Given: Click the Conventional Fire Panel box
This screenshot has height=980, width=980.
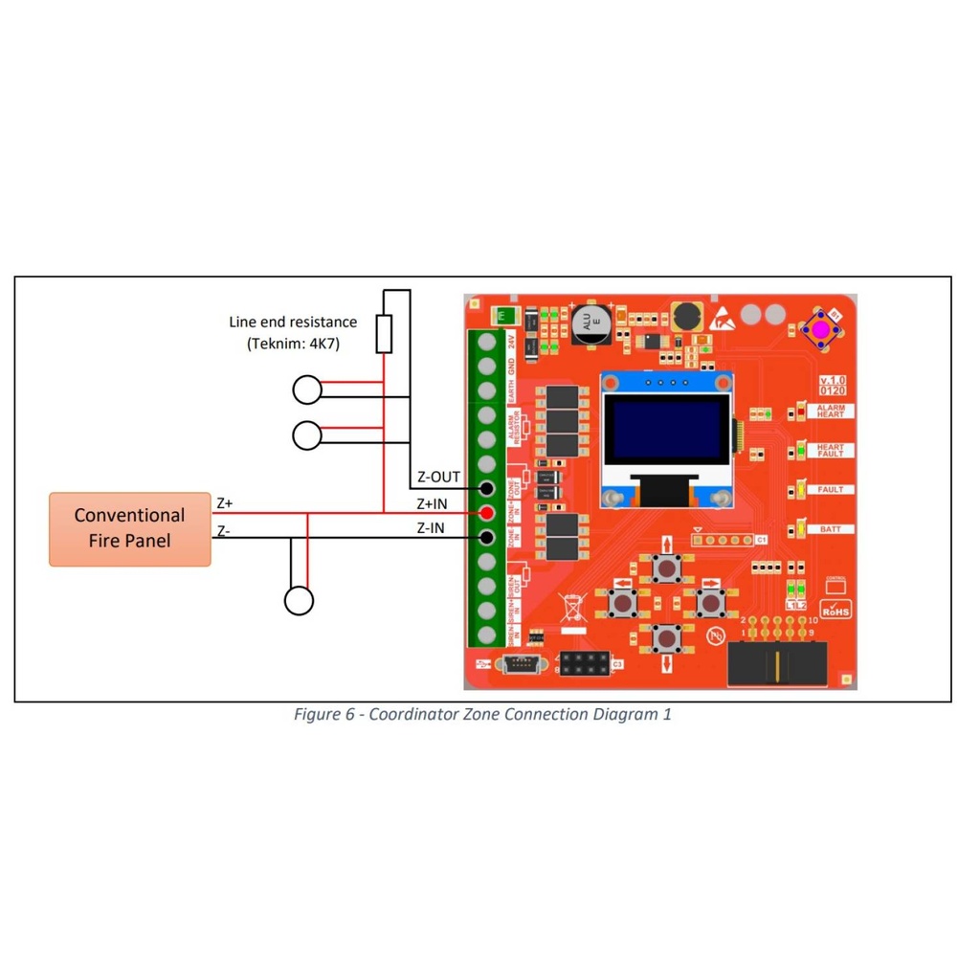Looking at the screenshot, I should (130, 528).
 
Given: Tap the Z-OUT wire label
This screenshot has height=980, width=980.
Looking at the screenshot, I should (438, 477).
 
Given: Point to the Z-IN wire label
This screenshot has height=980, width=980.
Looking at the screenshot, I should (430, 527).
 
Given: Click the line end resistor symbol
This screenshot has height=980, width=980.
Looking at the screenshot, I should (384, 333).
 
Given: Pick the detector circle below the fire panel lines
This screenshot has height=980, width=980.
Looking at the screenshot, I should (299, 600).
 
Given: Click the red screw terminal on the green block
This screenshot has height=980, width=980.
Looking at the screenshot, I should (486, 513).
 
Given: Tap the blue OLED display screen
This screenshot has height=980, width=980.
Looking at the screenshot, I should (666, 432).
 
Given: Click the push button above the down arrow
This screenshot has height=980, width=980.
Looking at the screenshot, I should (666, 636).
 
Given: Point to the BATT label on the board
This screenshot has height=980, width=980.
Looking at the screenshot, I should (830, 529).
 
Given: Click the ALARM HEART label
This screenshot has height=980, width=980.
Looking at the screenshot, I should (830, 412).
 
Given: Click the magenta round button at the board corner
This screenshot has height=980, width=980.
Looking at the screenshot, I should (820, 329).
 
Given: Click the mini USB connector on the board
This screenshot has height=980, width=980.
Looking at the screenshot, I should (521, 662).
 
